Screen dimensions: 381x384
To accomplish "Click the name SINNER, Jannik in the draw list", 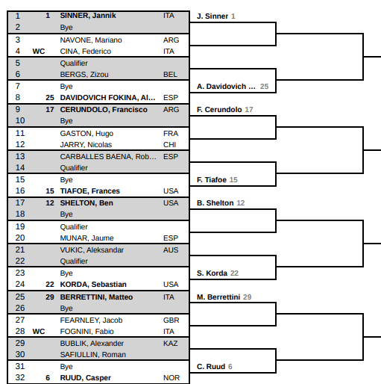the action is (88, 16).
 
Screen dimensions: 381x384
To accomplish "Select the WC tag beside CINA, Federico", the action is (39, 52).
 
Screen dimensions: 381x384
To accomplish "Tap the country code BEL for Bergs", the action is (170, 75).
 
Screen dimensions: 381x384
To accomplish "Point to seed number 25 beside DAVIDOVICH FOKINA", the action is (50, 98).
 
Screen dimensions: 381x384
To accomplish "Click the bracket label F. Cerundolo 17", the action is (224, 110).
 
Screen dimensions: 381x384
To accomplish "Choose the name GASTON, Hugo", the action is (86, 134).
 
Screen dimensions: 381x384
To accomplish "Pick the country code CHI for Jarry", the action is (169, 145).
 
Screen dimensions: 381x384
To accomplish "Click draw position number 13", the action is (20, 156).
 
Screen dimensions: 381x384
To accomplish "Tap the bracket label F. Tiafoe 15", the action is (217, 180).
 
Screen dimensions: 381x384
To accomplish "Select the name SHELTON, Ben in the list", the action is (86, 203).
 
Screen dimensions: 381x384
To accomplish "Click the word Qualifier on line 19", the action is (74, 227).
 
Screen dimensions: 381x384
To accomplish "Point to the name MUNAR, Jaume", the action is (86, 238).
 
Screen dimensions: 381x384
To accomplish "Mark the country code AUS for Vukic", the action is (171, 250).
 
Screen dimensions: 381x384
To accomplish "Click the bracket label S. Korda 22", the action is (218, 273).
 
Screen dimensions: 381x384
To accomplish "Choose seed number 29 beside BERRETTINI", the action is (50, 297).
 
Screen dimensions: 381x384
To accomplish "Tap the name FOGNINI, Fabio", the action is (86, 332).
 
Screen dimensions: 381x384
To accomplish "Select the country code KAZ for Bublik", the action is (171, 344).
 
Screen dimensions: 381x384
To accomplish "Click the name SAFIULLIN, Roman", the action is (93, 355).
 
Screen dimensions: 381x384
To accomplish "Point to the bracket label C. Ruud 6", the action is (214, 367).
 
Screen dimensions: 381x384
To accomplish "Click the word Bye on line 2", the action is (66, 28).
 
